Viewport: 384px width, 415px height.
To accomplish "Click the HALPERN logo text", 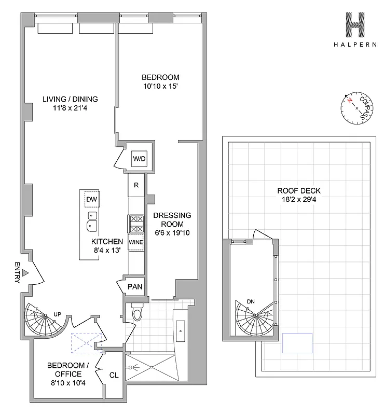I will pos(355,45).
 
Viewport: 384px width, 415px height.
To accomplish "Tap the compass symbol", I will pos(357,108).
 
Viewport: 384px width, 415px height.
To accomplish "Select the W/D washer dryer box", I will pos(139,158).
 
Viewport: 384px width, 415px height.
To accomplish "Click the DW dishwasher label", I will pos(91,200).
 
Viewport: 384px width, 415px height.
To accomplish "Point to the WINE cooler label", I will pos(136,242).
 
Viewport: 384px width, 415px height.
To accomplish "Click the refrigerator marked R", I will pos(136,185).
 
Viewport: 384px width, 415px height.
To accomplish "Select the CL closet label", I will pos(114,374).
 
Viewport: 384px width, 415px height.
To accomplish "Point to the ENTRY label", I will pos(17,272).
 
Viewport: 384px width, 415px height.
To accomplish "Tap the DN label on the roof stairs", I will pos(251,301).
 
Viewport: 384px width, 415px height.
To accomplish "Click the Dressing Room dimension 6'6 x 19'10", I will pos(171,232).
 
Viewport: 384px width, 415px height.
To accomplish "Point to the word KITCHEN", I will pos(107,242).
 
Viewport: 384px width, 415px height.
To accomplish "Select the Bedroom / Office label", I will pos(64,370).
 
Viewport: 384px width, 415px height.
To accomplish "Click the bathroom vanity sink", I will pos(180,329).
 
